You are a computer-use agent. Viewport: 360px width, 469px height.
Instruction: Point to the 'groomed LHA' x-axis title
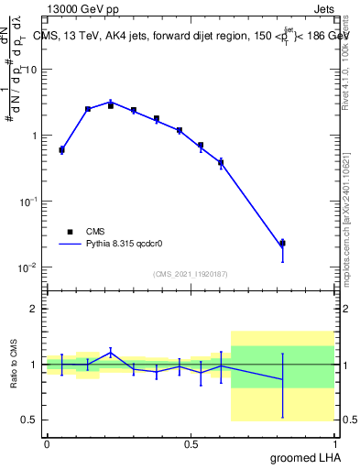coord(301,457)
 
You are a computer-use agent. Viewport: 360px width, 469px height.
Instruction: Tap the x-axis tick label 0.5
coord(191,443)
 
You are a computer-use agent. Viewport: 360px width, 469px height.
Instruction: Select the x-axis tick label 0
coord(47,443)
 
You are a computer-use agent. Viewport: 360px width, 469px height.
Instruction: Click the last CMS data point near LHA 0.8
coord(282,244)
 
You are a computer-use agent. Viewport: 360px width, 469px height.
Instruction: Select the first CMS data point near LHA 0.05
coord(61,149)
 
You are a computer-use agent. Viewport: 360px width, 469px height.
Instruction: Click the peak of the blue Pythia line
coord(111,103)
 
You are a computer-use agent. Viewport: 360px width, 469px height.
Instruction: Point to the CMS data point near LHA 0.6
coord(221,163)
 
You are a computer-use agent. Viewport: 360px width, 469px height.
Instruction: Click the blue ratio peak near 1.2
coord(111,352)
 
